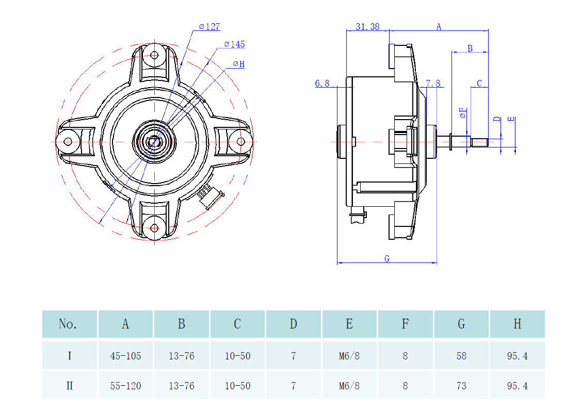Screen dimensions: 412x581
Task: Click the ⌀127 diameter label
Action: (x=209, y=27)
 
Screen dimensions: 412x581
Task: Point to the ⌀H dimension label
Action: (x=238, y=64)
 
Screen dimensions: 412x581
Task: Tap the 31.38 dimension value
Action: (x=367, y=27)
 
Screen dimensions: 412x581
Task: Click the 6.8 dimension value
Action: (x=322, y=84)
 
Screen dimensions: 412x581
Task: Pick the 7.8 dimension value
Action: (x=433, y=84)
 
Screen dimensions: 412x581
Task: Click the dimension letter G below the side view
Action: (x=387, y=259)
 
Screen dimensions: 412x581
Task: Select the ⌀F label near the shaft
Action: (x=463, y=113)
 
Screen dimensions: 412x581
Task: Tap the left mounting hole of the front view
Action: (x=68, y=141)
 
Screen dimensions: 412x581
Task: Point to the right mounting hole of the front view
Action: (x=241, y=141)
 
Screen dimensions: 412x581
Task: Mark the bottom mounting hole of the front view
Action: (x=154, y=227)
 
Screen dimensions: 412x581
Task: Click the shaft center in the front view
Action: (x=154, y=141)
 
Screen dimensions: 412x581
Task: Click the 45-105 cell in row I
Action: (x=125, y=356)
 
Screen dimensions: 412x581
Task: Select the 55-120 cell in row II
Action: (x=125, y=386)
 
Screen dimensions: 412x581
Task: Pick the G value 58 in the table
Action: (x=461, y=356)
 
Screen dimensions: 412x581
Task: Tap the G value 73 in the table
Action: (x=461, y=386)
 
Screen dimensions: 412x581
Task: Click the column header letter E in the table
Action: (x=349, y=324)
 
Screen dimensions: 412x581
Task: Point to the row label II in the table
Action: (x=70, y=386)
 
